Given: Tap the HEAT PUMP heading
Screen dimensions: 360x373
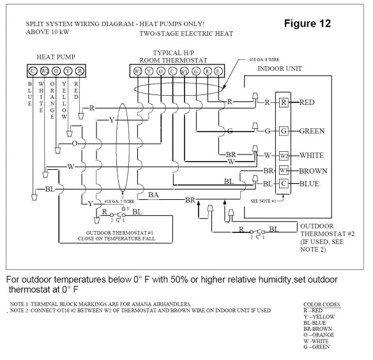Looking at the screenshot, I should [x=56, y=57].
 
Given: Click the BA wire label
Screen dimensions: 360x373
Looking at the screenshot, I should [x=154, y=194].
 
